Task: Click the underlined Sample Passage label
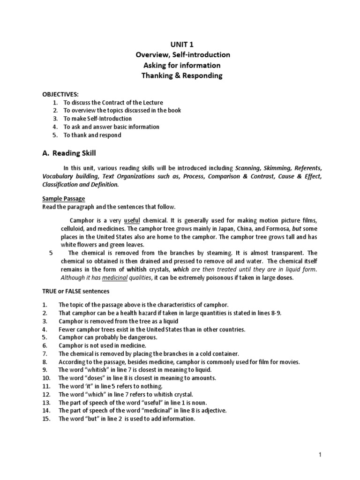pyautogui.click(x=63, y=199)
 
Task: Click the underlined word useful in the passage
pyautogui.click(x=133, y=220)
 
